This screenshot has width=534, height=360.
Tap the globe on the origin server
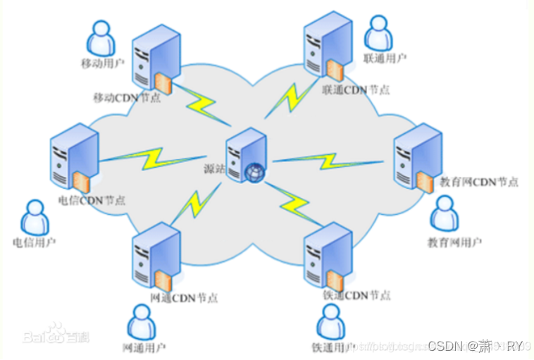[255, 171]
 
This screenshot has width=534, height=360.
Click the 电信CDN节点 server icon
[72, 161]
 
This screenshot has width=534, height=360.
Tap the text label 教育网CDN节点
[478, 182]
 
